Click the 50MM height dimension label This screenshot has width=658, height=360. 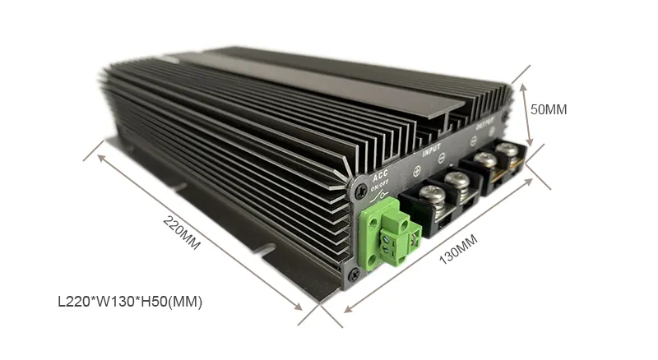point(549,108)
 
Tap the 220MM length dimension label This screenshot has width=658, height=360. point(182,233)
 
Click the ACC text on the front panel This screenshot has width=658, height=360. point(380,176)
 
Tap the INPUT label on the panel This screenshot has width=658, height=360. point(431,151)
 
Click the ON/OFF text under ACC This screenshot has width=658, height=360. point(380,187)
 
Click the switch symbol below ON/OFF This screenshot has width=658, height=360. point(380,196)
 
